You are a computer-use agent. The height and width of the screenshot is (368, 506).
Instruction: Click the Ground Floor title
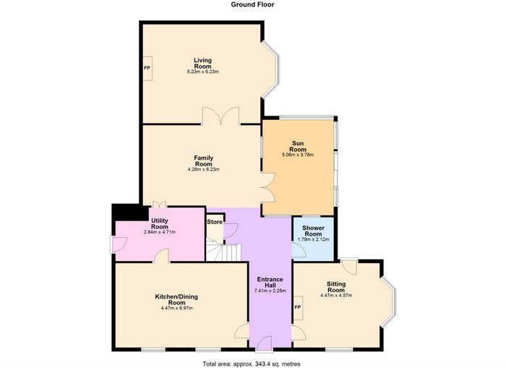pyautogui.click(x=253, y=4)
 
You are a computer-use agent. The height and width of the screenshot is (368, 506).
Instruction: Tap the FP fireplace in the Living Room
pyautogui.click(x=147, y=68)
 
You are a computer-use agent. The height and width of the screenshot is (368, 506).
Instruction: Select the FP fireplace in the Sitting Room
pyautogui.click(x=298, y=308)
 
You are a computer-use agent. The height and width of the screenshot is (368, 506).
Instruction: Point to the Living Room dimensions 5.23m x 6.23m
pyautogui.click(x=203, y=72)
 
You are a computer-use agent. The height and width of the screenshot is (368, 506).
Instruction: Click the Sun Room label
pyautogui.click(x=298, y=146)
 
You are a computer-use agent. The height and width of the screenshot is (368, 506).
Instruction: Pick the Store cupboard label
pyautogui.click(x=215, y=222)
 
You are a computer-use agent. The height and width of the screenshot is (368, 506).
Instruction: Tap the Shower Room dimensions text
pyautogui.click(x=313, y=239)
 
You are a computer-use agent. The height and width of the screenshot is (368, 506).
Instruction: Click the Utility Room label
pyautogui.click(x=160, y=223)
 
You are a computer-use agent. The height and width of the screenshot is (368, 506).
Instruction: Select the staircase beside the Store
pyautogui.click(x=223, y=252)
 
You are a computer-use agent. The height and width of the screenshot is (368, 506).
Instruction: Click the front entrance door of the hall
pyautogui.click(x=265, y=343)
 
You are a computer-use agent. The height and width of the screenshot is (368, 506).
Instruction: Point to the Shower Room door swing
pyautogui.click(x=299, y=249)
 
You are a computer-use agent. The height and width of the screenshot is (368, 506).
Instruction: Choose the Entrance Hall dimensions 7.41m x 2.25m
pyautogui.click(x=270, y=291)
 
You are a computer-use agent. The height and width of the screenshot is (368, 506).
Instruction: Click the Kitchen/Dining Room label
pyautogui.click(x=176, y=299)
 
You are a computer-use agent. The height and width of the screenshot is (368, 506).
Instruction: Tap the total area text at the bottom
pyautogui.click(x=252, y=364)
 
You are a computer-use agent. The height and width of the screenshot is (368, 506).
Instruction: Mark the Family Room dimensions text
pyautogui.click(x=204, y=169)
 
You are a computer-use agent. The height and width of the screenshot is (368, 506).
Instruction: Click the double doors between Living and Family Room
pyautogui.click(x=221, y=116)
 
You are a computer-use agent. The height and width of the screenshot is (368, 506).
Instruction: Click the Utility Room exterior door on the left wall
pyautogui.click(x=118, y=244)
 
